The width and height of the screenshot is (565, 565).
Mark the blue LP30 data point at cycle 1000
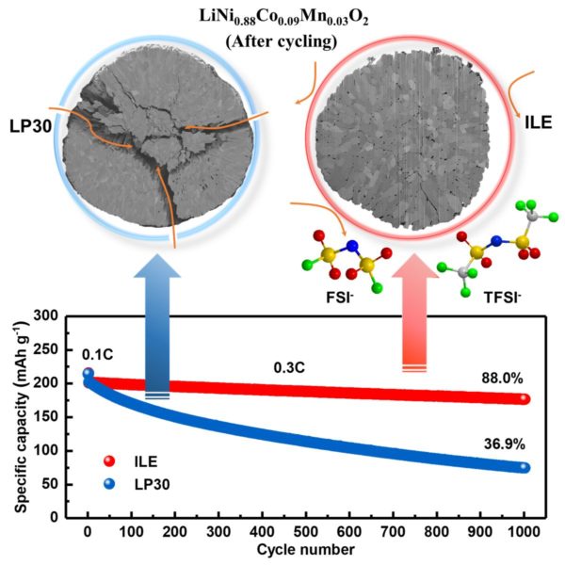(524, 467)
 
